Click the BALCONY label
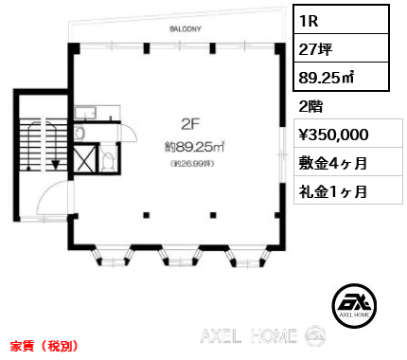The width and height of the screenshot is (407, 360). pyautogui.click(x=186, y=29)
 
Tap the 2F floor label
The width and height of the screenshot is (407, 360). pyautogui.click(x=191, y=125)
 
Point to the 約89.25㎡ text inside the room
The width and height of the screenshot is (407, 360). pyautogui.click(x=194, y=147)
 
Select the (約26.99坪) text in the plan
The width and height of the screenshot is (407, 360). pyautogui.click(x=192, y=164)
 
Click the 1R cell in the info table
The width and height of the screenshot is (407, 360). pyautogui.click(x=341, y=20)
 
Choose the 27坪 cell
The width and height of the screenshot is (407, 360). pyautogui.click(x=341, y=48)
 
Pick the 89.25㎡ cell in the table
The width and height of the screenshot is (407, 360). pyautogui.click(x=341, y=77)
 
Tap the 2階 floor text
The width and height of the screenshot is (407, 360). pyautogui.click(x=310, y=106)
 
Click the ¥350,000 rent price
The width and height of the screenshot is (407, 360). pyautogui.click(x=333, y=135)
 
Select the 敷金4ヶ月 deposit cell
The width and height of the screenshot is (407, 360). pyautogui.click(x=333, y=163)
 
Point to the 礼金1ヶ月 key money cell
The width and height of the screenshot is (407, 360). pyautogui.click(x=333, y=191)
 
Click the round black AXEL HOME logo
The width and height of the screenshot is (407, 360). pyautogui.click(x=354, y=305)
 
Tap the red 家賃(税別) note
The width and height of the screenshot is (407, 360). pyautogui.click(x=44, y=346)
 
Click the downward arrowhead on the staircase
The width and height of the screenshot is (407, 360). pyautogui.click(x=56, y=165)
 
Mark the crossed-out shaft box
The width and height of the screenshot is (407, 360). pyautogui.click(x=84, y=158)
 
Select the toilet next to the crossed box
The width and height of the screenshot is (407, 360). pyautogui.click(x=108, y=160)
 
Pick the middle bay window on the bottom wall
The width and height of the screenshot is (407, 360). pyautogui.click(x=180, y=256)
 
